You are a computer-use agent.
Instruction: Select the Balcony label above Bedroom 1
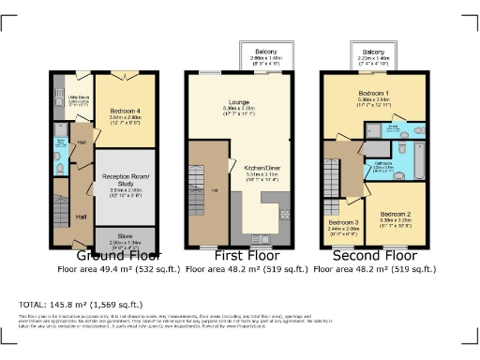coord(374,52)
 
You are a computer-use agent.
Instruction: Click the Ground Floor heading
coord(119,254)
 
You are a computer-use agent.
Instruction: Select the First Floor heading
coord(245,254)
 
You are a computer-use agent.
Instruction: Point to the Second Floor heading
coord(375,254)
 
